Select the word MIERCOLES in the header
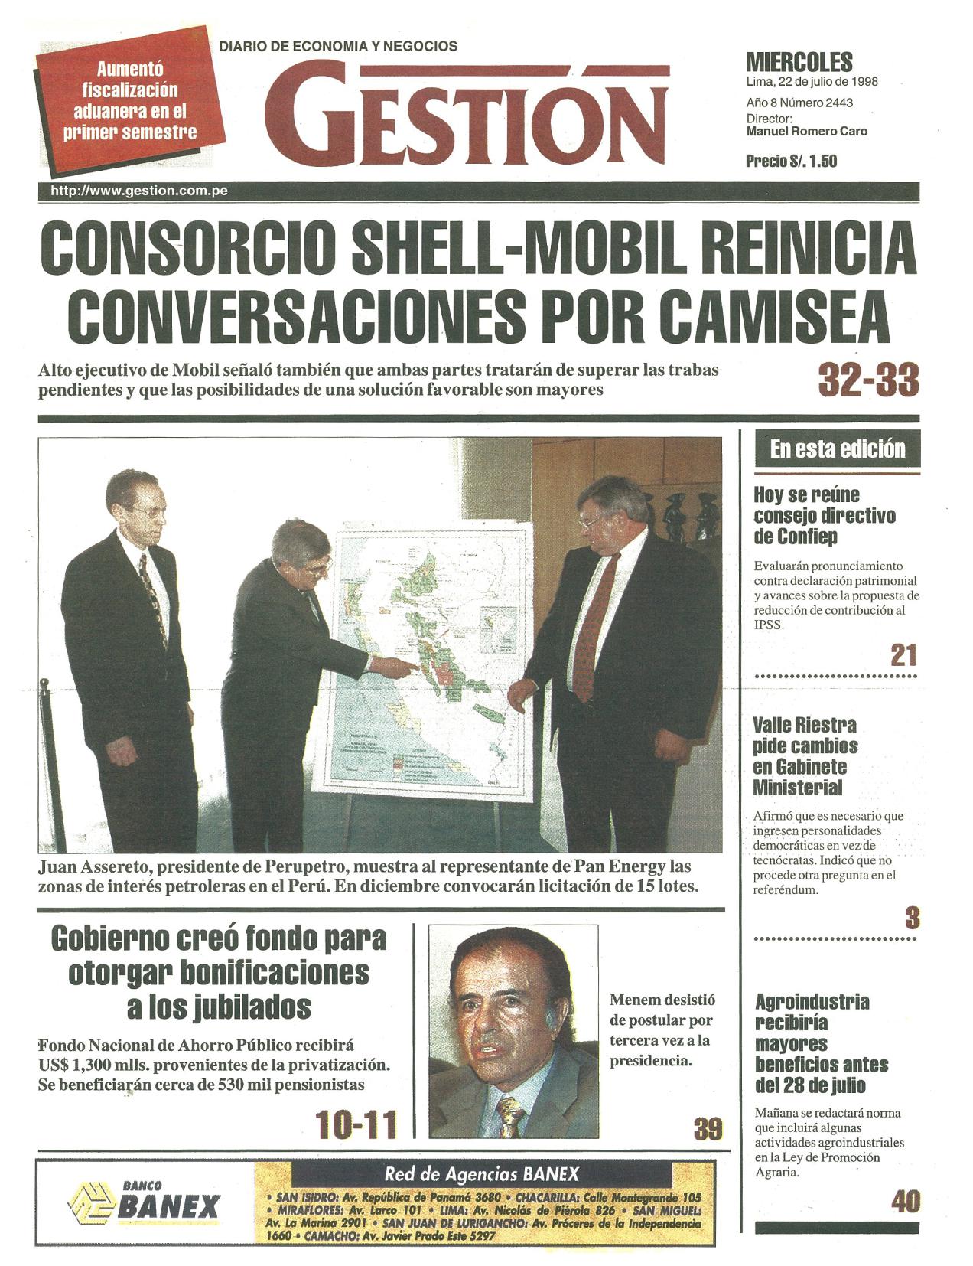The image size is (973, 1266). [x=799, y=62]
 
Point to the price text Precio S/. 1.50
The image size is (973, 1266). [x=791, y=162]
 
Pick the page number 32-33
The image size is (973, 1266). [x=867, y=379]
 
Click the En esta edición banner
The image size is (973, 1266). [x=837, y=449]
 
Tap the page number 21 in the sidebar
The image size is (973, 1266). [x=903, y=655]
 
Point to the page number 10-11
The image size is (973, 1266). [x=357, y=1125]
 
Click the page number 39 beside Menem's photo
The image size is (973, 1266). [x=708, y=1129]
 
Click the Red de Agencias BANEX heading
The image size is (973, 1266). [x=481, y=1174]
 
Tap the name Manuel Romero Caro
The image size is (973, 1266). [x=806, y=131]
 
